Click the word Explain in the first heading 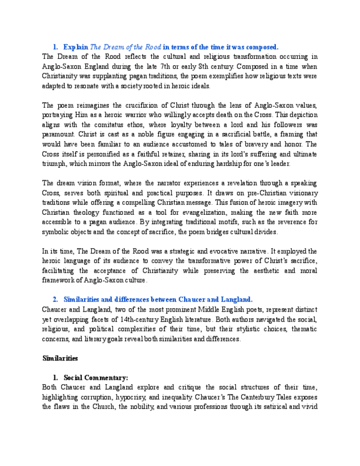point(76,47)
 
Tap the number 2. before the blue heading point(56,299)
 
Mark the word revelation point(248,182)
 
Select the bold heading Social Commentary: point(96,378)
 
